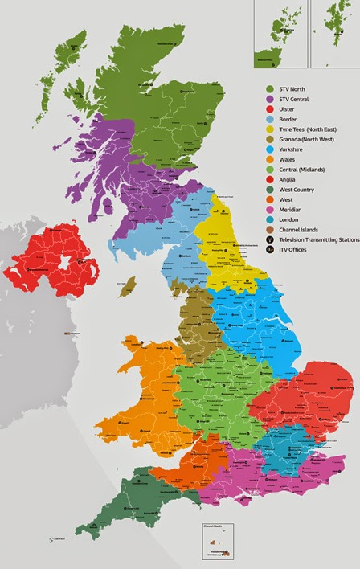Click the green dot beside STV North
point(270,89)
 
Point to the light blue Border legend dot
point(270,119)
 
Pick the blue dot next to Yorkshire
point(270,149)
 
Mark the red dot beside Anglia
point(270,179)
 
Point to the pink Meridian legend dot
point(270,209)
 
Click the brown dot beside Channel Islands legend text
point(270,229)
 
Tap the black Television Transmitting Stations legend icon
point(270,239)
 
